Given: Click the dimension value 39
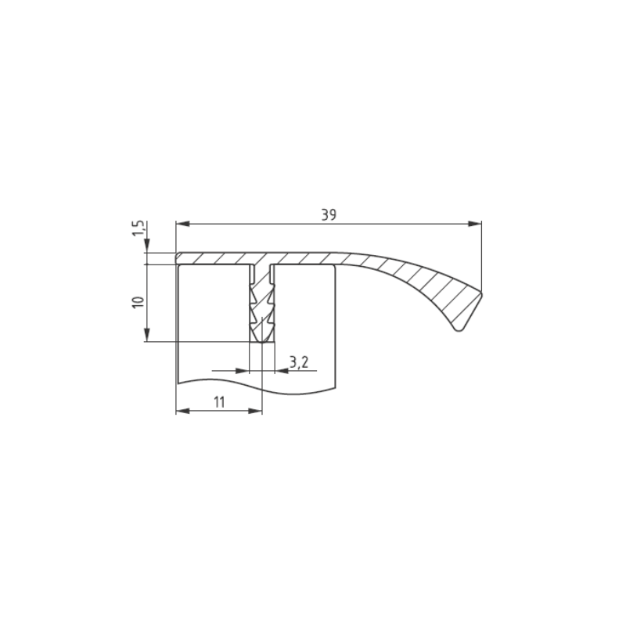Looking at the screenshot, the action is pos(329,214).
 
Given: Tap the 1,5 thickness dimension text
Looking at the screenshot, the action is pos(139,228).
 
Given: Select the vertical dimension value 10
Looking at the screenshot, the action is pos(139,302).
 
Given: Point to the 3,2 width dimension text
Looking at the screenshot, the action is pos(299,362).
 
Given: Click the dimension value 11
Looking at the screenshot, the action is pos(220,402).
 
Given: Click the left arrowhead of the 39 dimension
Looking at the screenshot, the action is pos(182,224).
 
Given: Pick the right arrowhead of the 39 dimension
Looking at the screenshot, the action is pos(475,224).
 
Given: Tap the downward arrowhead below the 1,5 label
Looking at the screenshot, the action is pos(146,246).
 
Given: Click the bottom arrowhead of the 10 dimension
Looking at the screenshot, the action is pos(146,335).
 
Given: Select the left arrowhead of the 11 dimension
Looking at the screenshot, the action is pos(183,411).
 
